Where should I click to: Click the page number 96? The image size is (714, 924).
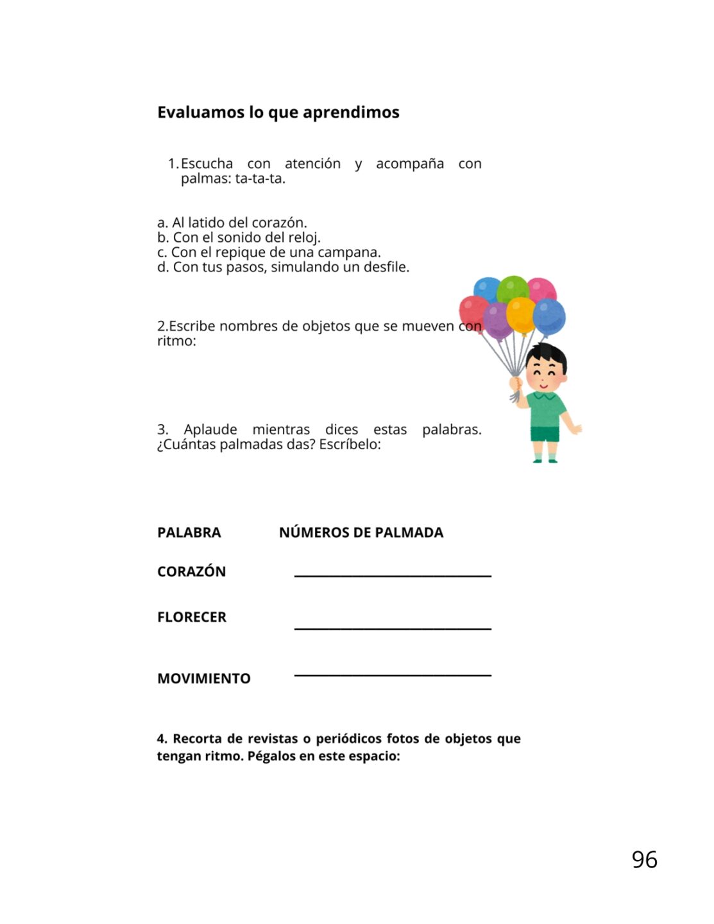644,859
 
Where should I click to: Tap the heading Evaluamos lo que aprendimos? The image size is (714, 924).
278,112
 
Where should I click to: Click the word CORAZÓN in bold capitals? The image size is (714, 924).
191,571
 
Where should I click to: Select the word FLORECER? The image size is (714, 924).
192,617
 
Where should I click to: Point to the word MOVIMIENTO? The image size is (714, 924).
204,678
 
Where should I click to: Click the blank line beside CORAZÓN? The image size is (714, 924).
393,576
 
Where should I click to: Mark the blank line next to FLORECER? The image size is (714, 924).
393,628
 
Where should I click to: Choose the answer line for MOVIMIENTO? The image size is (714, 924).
393,674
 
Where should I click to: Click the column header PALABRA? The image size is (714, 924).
189,532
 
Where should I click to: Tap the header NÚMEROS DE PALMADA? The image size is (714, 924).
361,532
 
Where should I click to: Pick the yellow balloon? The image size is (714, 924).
521,314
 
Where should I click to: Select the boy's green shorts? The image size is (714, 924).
545,434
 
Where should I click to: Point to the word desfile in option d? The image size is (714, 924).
386,267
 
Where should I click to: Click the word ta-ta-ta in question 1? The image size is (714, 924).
260,179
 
